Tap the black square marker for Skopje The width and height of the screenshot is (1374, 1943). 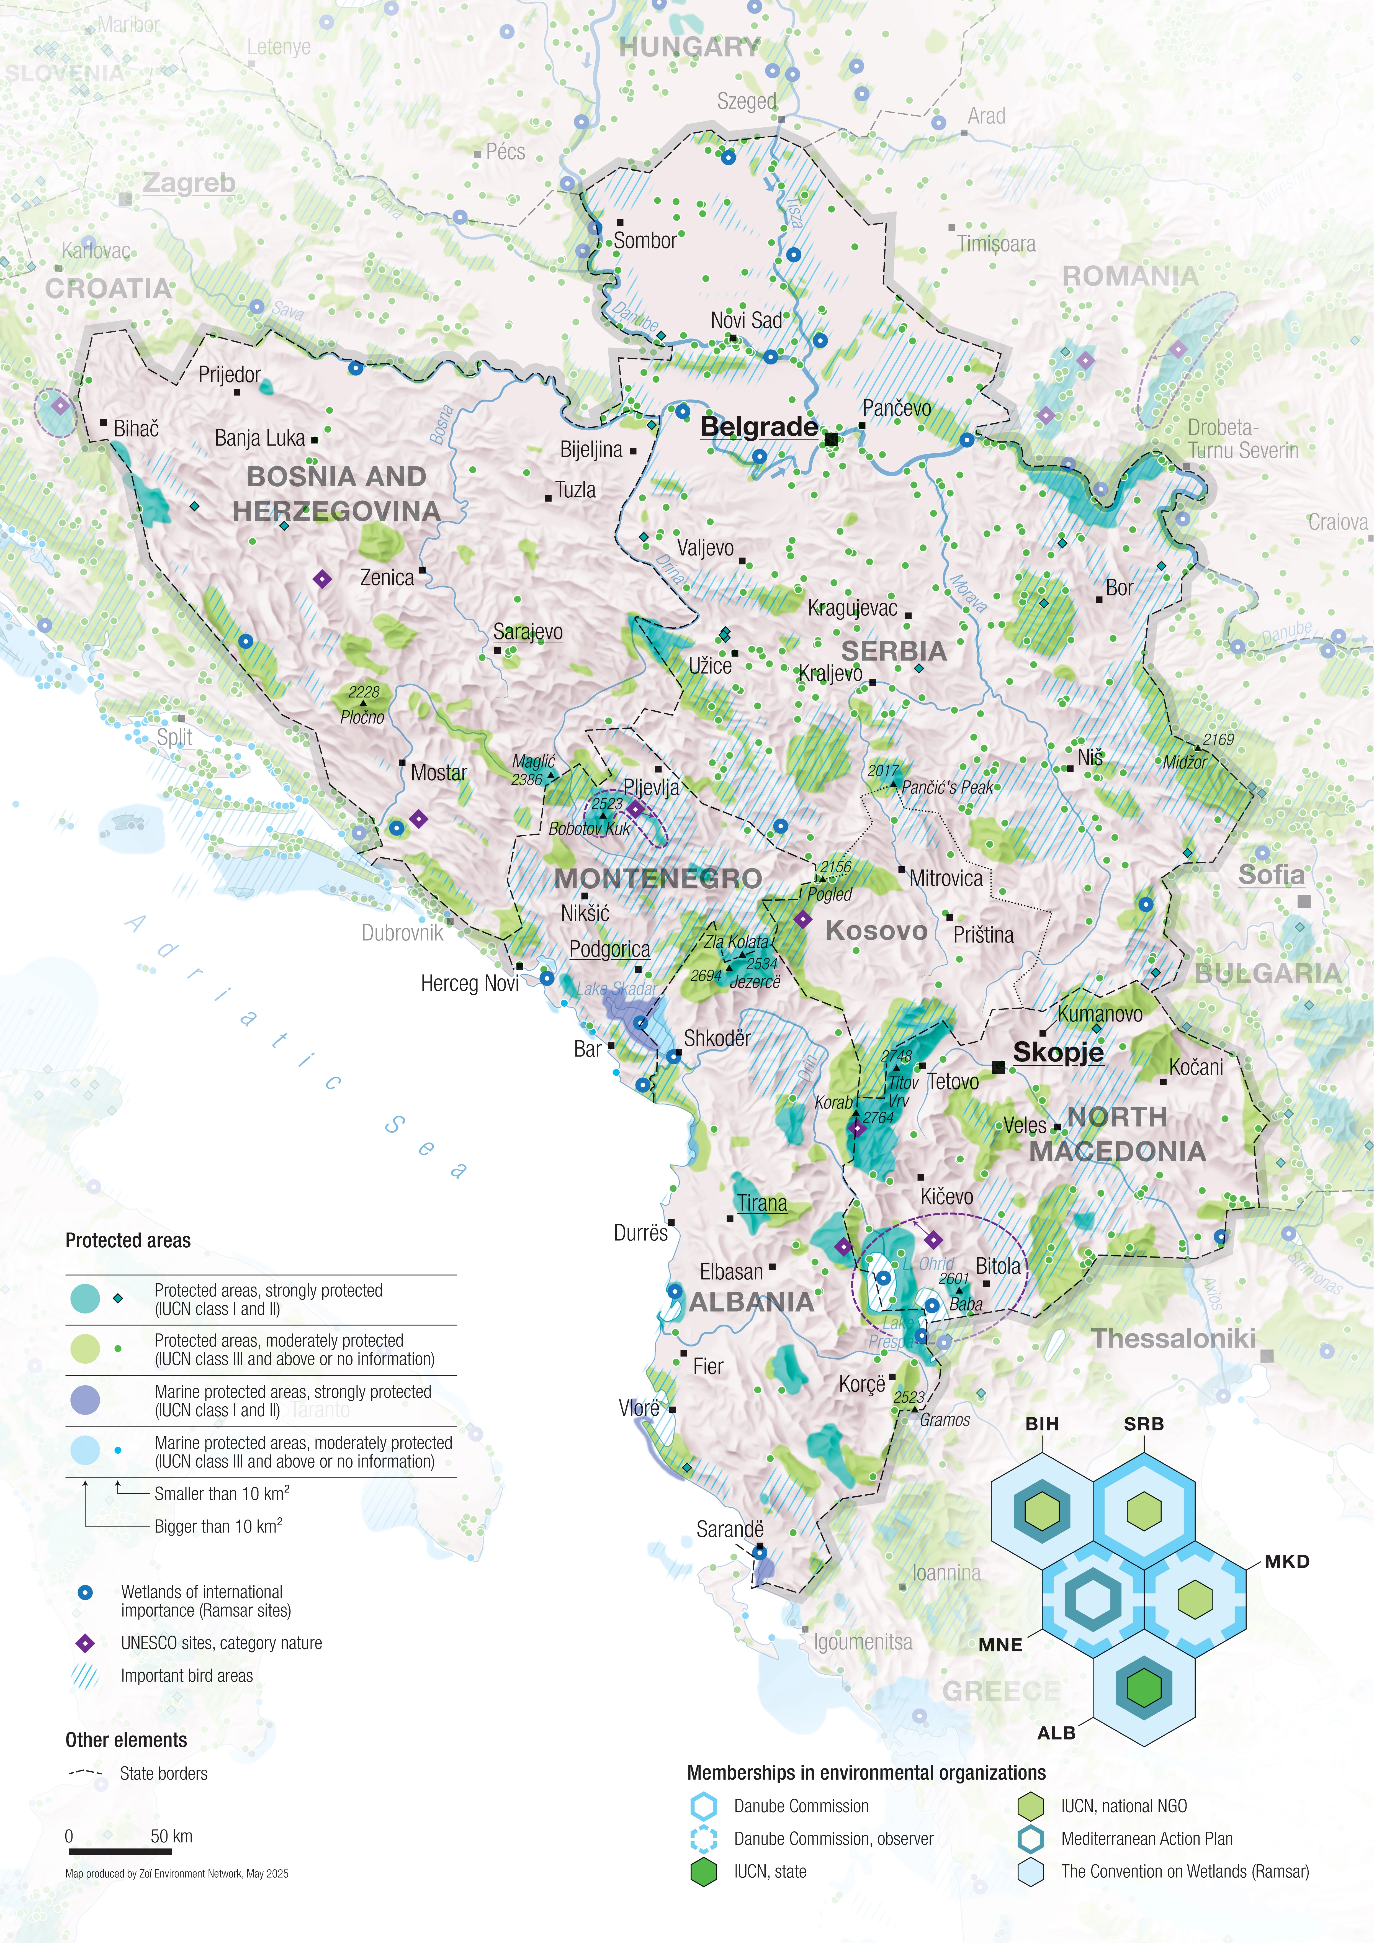[x=998, y=1068]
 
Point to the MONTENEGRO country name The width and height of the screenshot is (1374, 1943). [x=658, y=878]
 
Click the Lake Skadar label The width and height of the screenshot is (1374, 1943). [x=616, y=988]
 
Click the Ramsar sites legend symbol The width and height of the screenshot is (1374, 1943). [x=85, y=1592]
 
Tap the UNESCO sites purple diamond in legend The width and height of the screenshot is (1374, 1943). [x=85, y=1643]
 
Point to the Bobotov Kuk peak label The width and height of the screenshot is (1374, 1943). [x=590, y=829]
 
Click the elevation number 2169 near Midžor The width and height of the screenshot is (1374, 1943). [x=1218, y=739]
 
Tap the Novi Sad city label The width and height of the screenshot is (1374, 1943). [x=746, y=320]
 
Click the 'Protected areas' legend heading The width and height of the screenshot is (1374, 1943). [x=128, y=1241]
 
